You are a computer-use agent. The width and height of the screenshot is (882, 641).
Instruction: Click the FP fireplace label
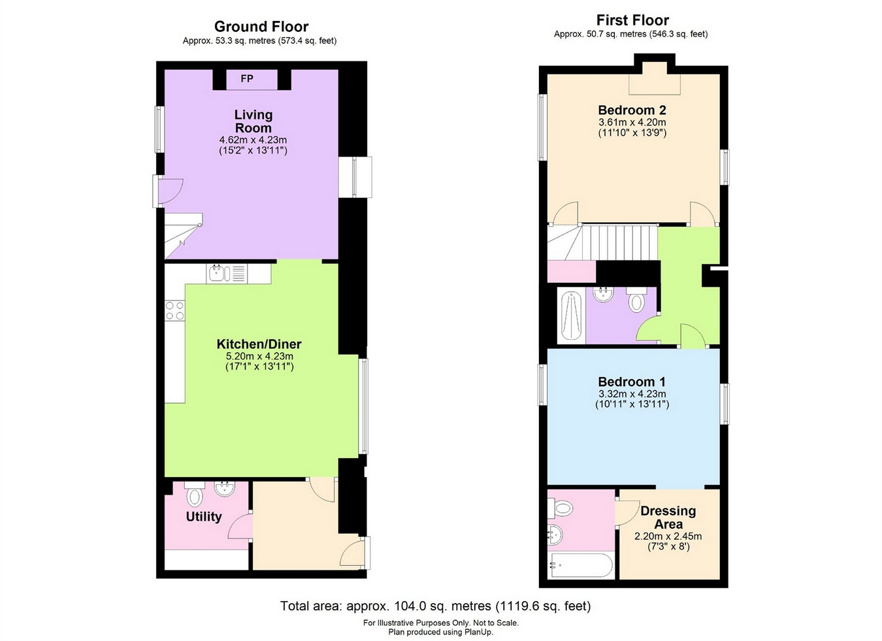[247, 79]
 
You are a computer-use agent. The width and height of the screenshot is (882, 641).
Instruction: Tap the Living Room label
[253, 122]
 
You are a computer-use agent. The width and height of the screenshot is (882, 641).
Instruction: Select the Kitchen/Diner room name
[259, 344]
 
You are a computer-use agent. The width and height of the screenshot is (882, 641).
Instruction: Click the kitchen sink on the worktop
[226, 273]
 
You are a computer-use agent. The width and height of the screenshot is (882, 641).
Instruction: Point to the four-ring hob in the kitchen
[174, 310]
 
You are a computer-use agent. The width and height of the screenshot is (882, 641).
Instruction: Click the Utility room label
[204, 517]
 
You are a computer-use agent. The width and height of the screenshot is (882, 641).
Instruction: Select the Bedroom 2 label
[632, 110]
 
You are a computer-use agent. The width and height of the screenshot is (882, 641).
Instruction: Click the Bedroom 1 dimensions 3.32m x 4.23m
[632, 394]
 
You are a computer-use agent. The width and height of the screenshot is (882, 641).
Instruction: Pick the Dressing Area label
[668, 518]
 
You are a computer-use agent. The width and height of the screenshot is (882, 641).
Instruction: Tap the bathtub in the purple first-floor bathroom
[571, 316]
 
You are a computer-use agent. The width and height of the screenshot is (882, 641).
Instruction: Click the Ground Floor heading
[261, 27]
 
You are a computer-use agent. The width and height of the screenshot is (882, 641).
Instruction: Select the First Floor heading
[632, 20]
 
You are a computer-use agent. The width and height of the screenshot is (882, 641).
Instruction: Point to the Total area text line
[435, 606]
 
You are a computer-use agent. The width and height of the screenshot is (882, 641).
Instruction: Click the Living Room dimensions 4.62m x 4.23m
[253, 140]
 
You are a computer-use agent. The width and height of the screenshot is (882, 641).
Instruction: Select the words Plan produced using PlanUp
[440, 633]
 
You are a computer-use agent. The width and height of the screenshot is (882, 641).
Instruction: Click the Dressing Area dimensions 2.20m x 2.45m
[668, 536]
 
